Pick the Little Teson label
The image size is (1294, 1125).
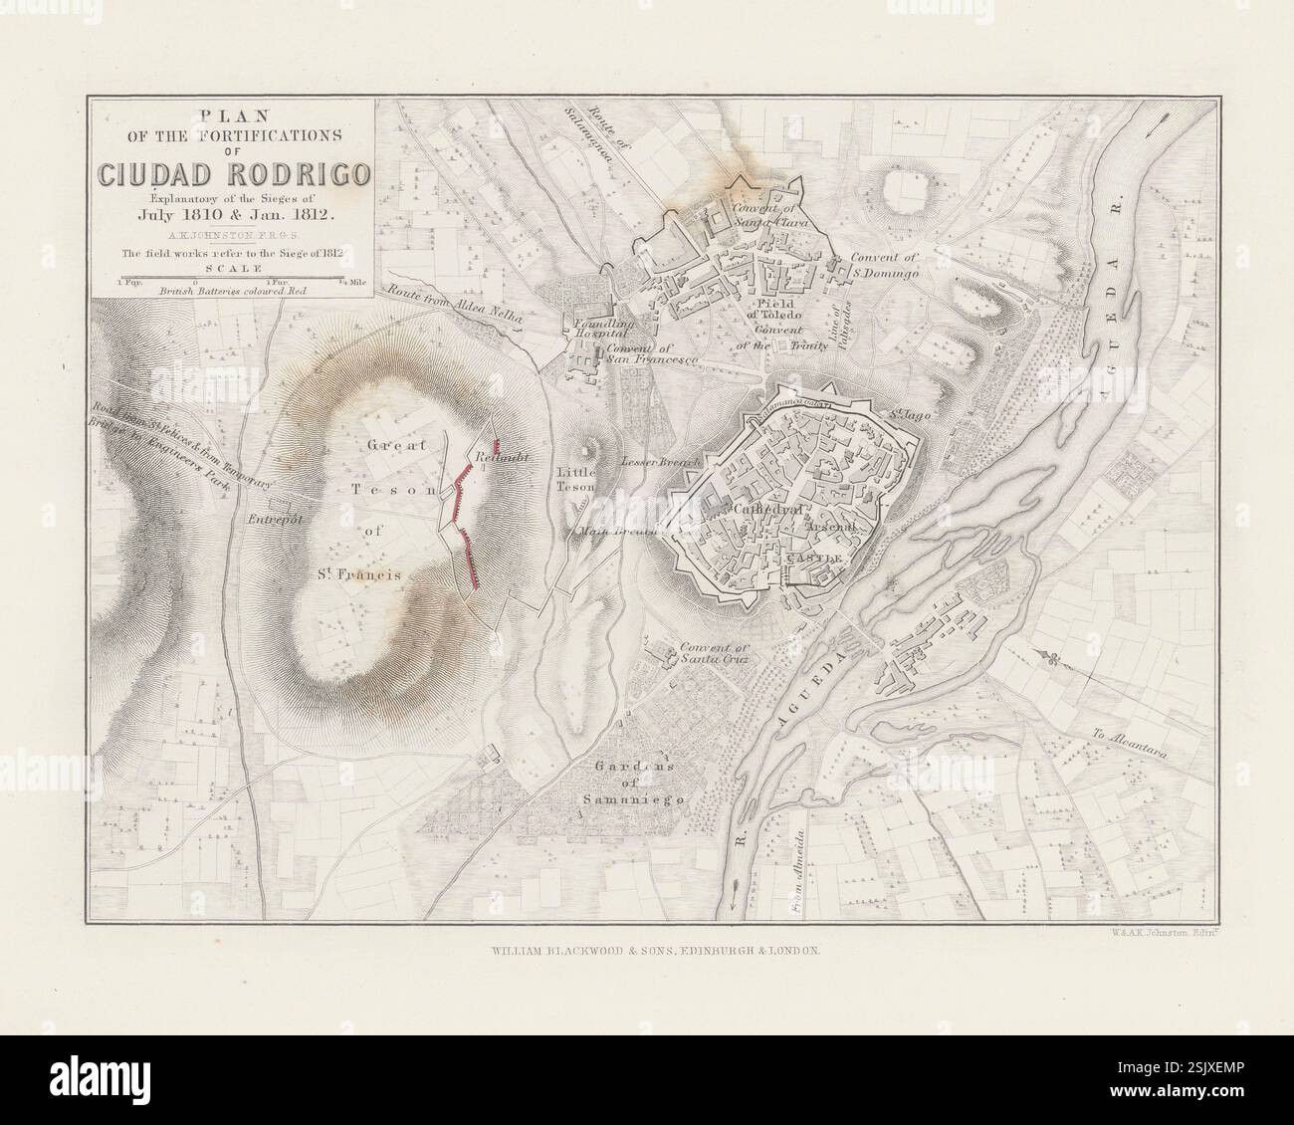click(x=576, y=480)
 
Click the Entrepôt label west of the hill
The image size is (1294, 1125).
click(x=264, y=519)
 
